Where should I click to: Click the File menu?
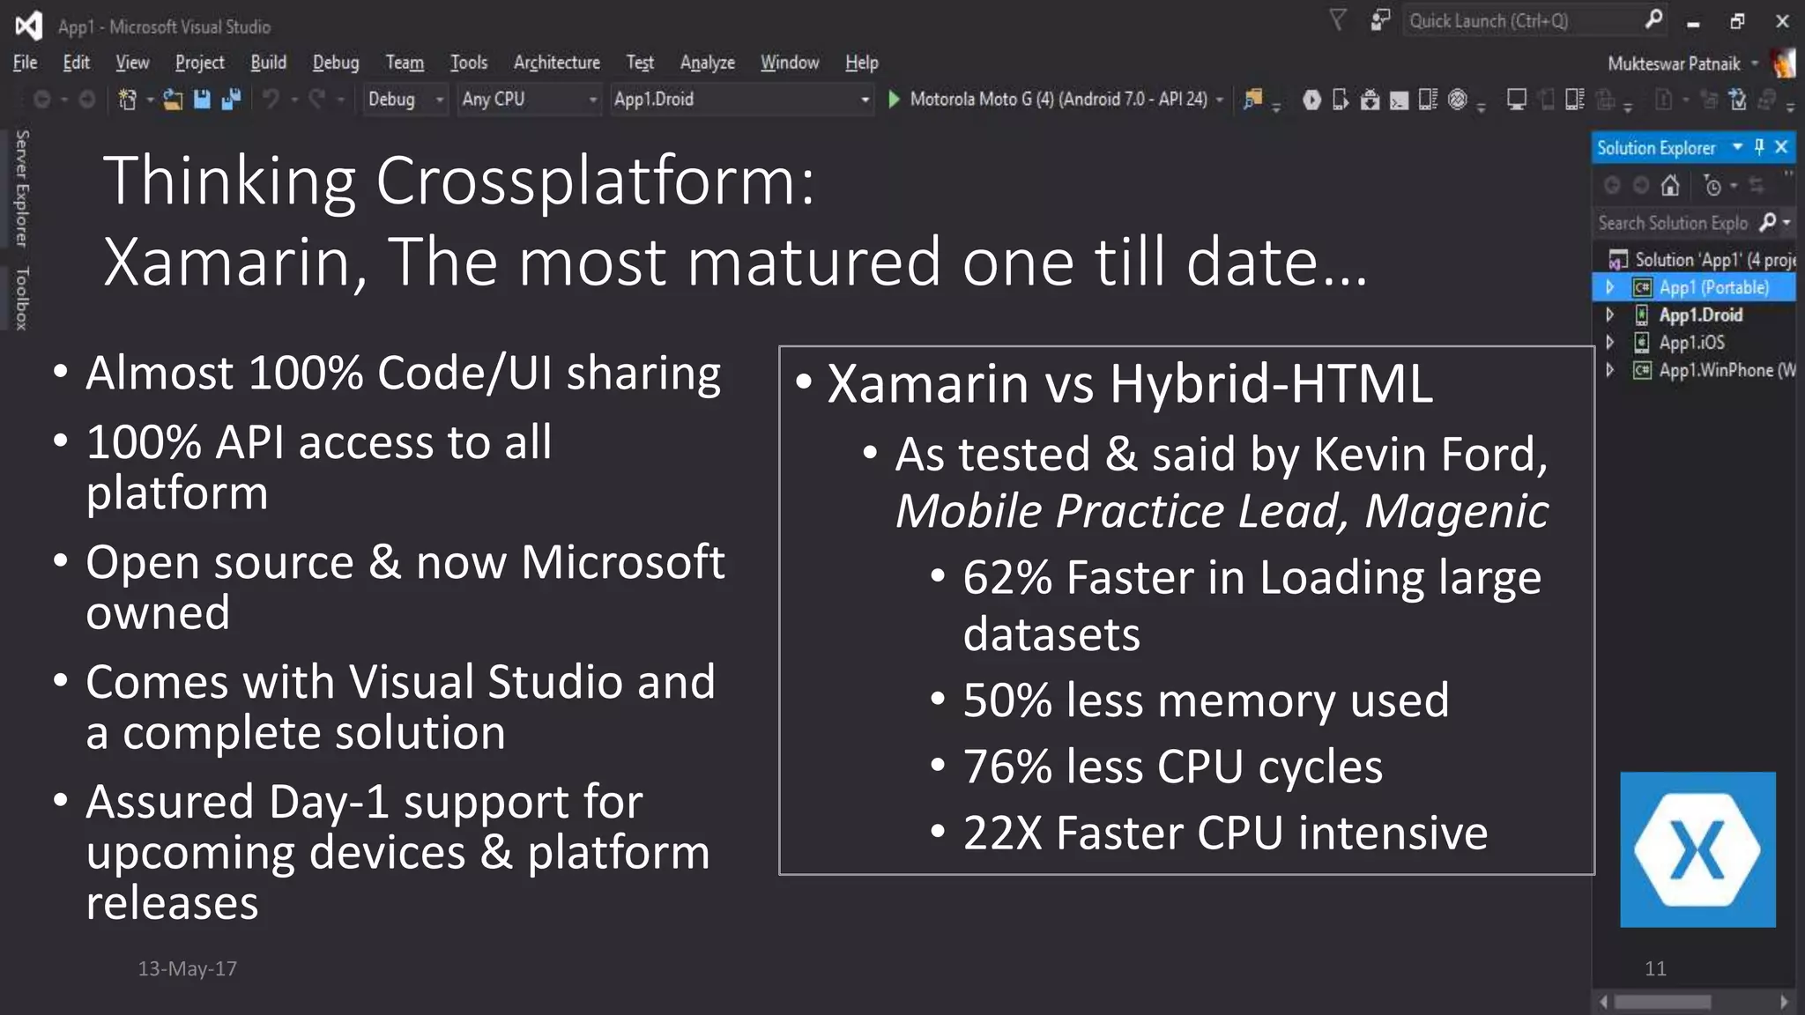pos(25,63)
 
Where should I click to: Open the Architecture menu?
pos(556,63)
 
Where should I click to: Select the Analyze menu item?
pos(707,63)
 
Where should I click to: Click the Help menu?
pos(861,63)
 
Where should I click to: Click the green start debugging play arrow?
pos(894,99)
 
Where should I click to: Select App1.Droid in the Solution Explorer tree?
pos(1700,315)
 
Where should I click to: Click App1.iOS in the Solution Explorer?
pos(1691,343)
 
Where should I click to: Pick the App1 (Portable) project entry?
pos(1713,288)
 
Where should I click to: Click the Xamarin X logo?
pos(1697,849)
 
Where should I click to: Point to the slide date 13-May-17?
pos(187,968)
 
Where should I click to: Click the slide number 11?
pos(1655,968)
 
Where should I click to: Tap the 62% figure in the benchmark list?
pos(1006,578)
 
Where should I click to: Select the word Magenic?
pos(1456,511)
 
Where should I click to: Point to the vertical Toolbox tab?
pos(22,299)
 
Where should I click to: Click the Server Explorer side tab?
pos(22,189)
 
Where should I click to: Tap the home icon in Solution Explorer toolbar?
pos(1669,186)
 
